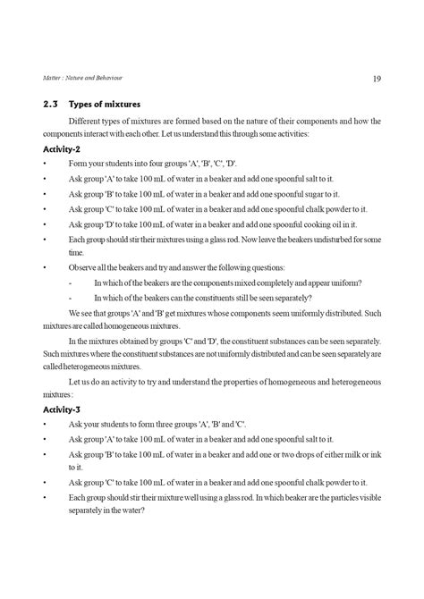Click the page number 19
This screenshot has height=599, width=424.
[x=377, y=79]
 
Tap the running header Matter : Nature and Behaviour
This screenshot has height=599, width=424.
[x=80, y=79]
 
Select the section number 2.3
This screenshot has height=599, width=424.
[x=51, y=103]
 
